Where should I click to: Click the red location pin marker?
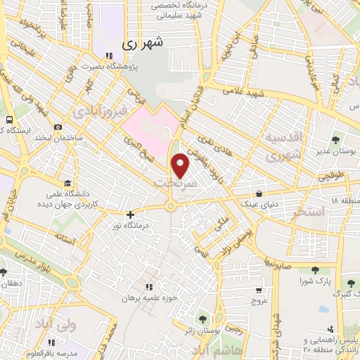(181, 165)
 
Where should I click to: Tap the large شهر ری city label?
(146, 43)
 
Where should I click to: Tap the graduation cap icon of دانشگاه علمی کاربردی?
(67, 181)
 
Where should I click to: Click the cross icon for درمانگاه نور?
(129, 214)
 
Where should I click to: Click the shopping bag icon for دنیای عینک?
(259, 193)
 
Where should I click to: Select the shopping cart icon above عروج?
(259, 289)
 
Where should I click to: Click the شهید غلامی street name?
(244, 93)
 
